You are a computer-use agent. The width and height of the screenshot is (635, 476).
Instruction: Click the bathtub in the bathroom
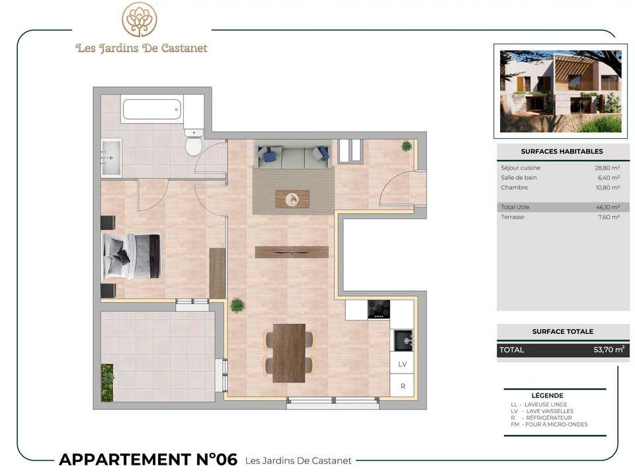(152, 109)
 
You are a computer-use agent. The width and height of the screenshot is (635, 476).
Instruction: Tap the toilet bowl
(194, 143)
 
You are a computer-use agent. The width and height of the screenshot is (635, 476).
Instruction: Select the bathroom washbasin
(111, 158)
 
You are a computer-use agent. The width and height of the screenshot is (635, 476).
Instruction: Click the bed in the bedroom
(132, 256)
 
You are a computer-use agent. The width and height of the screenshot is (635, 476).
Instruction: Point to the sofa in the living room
(293, 157)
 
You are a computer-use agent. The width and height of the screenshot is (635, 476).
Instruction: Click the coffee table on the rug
(292, 199)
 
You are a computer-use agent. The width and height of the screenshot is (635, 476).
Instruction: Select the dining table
(289, 353)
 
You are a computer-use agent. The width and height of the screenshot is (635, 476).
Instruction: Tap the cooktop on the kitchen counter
(378, 309)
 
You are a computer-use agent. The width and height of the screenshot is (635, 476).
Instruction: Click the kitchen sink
(403, 340)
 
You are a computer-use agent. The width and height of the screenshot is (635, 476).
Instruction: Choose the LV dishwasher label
(402, 364)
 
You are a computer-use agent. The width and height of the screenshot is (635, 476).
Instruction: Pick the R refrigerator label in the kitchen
(403, 386)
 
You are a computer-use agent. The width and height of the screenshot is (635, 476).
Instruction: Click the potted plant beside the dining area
(237, 305)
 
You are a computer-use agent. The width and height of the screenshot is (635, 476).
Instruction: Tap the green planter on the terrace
(107, 383)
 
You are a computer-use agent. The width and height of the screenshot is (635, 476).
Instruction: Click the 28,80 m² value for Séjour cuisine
(607, 167)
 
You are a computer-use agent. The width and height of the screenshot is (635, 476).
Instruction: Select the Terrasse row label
(512, 217)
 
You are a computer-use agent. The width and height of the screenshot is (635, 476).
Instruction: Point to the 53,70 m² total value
(609, 349)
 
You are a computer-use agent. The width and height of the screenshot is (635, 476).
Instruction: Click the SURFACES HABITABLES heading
(562, 151)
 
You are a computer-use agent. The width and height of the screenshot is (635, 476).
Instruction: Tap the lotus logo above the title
(140, 19)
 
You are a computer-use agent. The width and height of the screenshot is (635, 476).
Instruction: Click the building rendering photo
(560, 91)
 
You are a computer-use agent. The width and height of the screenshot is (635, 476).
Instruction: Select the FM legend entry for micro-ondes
(549, 424)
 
